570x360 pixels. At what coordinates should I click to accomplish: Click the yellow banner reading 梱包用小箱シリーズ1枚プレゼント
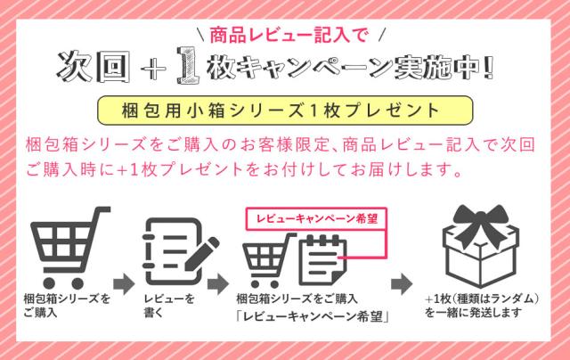tap(283, 110)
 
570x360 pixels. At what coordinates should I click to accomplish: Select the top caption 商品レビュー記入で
tap(282, 36)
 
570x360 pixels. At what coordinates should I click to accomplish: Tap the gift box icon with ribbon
tap(482, 245)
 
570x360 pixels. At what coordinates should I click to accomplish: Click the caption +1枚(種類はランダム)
tap(481, 299)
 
